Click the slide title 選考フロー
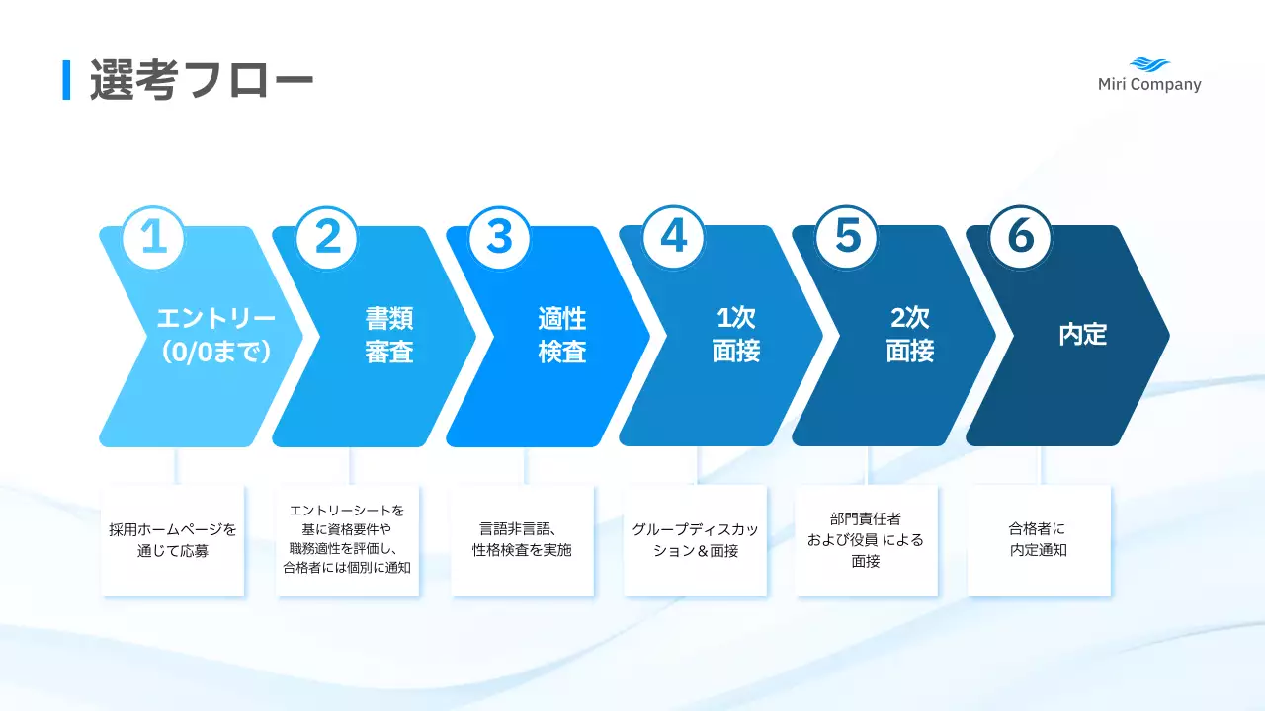[x=202, y=80]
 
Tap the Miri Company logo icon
[x=1149, y=64]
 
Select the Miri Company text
[x=1149, y=85]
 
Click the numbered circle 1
[x=153, y=238]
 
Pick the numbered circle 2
[x=327, y=238]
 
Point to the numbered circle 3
[x=500, y=238]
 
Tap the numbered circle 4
[x=673, y=238]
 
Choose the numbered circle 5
[x=847, y=238]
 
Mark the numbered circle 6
[x=1020, y=238]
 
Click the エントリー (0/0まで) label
[x=215, y=336]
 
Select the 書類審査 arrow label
[x=388, y=336]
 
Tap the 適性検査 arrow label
[x=561, y=336]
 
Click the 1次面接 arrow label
[x=735, y=336]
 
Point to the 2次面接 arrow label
[x=909, y=336]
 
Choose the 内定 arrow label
[x=1082, y=335]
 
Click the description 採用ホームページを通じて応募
[x=173, y=540]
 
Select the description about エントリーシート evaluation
[x=347, y=539]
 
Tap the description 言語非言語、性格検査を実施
[x=522, y=540]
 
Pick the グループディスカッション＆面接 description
[x=696, y=540]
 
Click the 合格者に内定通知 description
[x=1039, y=540]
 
